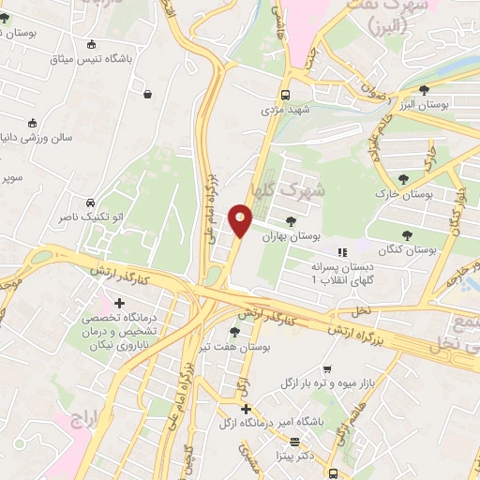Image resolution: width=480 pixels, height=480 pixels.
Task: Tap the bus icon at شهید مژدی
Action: click(x=285, y=95)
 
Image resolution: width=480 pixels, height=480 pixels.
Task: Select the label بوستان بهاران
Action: click(x=314, y=238)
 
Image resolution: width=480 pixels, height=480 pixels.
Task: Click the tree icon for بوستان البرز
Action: click(x=424, y=90)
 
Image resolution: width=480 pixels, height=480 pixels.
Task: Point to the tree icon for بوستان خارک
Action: click(x=403, y=178)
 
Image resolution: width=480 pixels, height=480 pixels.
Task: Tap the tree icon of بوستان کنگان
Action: click(x=406, y=235)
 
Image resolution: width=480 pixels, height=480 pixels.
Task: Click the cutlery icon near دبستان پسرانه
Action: click(x=342, y=252)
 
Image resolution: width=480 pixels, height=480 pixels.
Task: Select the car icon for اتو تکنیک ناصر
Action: click(x=89, y=202)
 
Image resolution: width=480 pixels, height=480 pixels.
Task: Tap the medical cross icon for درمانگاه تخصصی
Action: click(x=119, y=303)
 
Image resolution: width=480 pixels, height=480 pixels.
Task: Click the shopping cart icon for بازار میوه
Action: click(x=326, y=369)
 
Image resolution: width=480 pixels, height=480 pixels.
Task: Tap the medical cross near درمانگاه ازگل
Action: click(x=246, y=410)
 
